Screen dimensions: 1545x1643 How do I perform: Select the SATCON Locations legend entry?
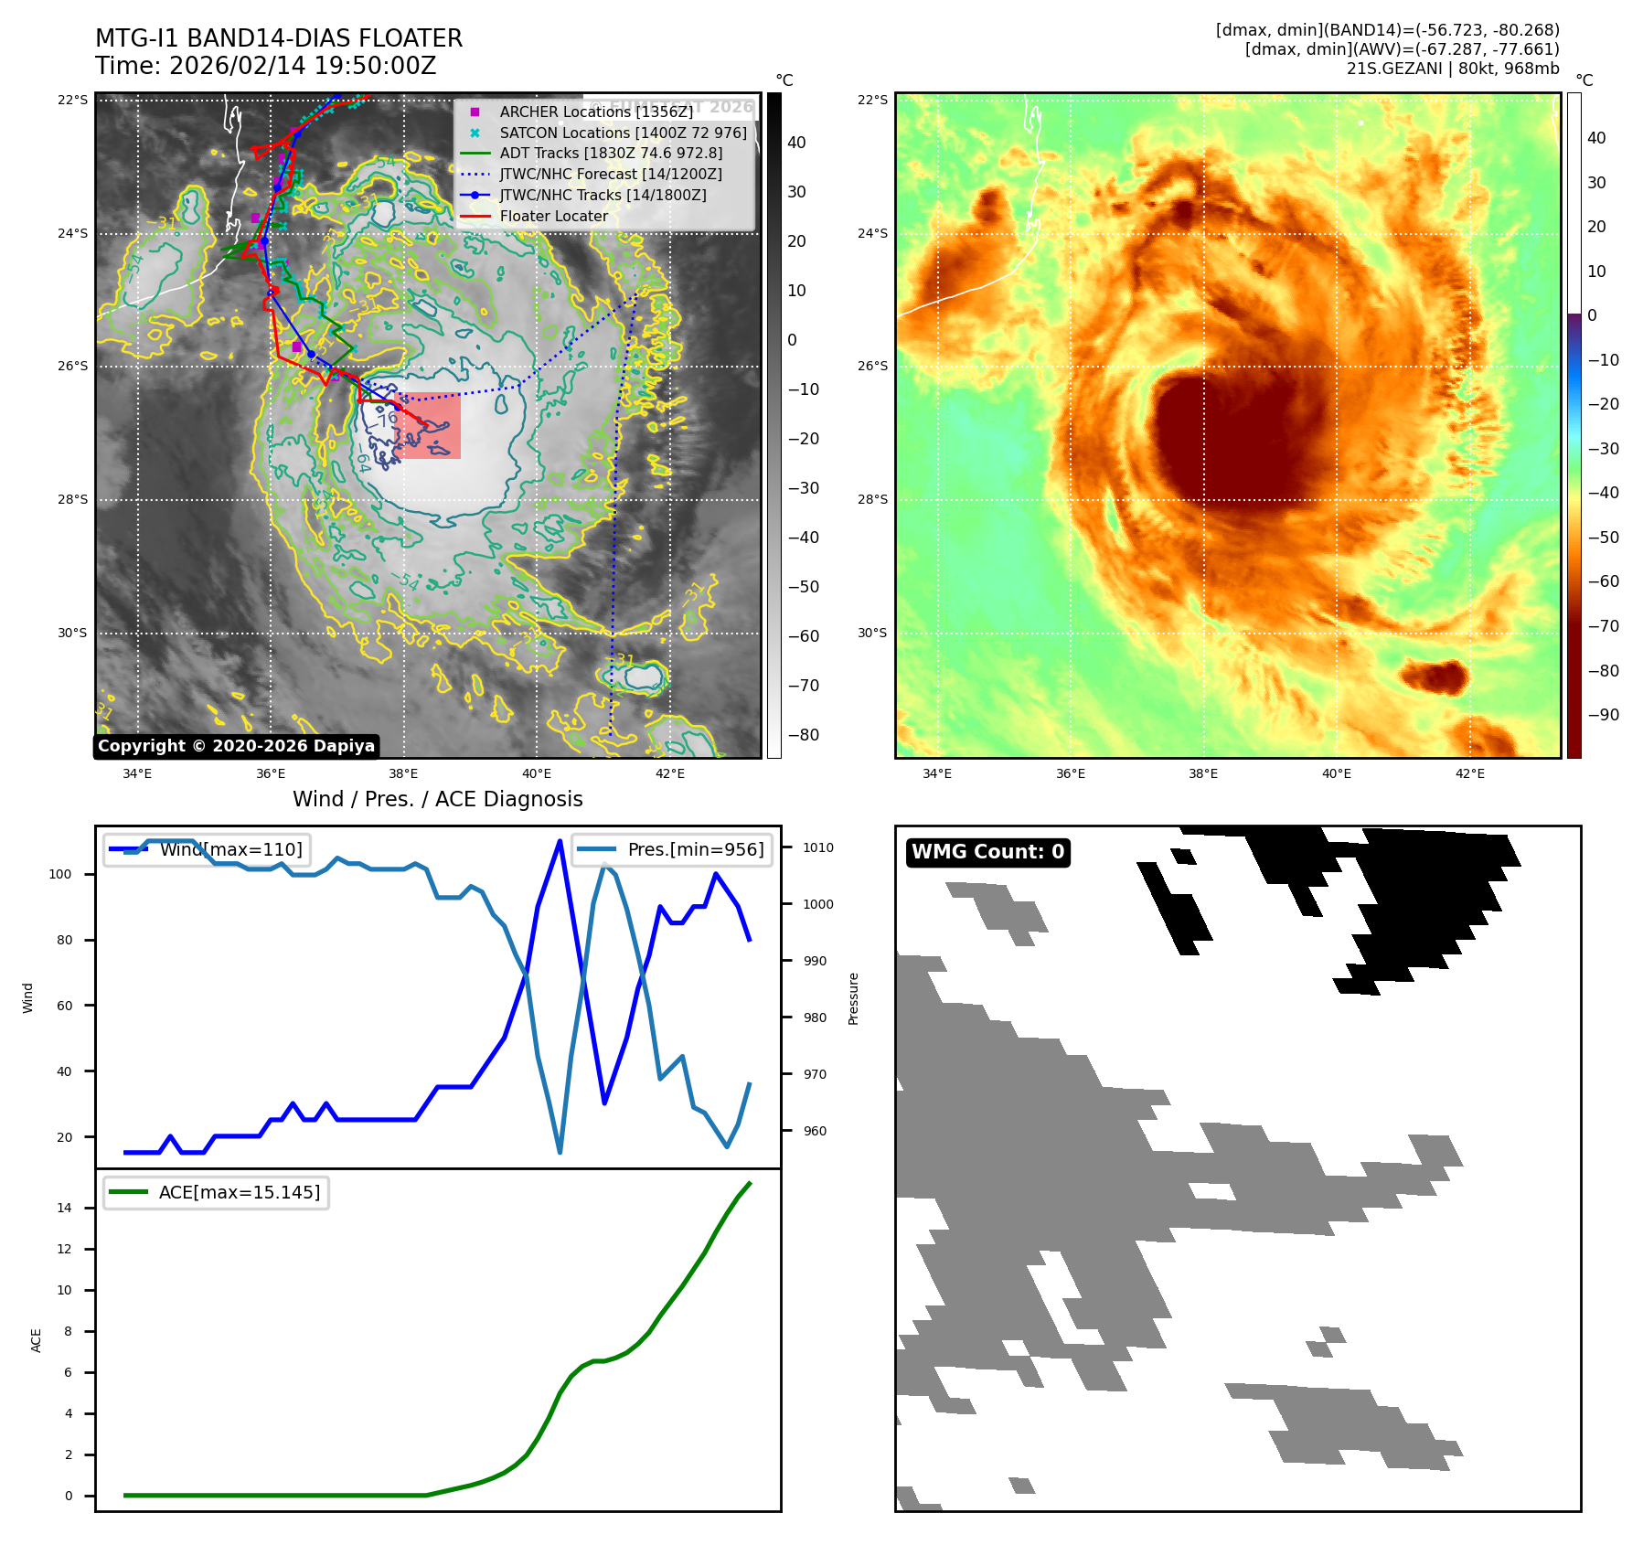click(623, 133)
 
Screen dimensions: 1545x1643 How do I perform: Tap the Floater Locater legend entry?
click(553, 216)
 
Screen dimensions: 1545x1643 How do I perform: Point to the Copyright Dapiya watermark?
click(236, 746)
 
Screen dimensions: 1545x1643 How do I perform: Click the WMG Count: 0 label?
click(987, 852)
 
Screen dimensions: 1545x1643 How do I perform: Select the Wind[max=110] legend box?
click(207, 849)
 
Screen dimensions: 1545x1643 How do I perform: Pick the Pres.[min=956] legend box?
click(672, 849)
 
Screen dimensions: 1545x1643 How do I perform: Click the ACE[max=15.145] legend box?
click(217, 1192)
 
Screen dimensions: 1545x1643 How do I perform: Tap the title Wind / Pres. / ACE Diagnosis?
click(437, 799)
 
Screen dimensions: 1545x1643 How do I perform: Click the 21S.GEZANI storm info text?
click(1452, 69)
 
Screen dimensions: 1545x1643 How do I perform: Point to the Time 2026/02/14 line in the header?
click(266, 66)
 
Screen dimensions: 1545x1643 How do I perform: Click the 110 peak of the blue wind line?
click(560, 841)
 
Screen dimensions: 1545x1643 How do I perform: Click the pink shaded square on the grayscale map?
click(428, 425)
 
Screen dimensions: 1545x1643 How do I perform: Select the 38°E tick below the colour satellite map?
click(1203, 773)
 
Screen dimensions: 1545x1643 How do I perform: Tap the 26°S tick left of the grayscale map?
click(73, 366)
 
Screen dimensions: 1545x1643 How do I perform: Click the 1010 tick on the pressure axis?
click(817, 847)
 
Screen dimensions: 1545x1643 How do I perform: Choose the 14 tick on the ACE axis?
click(64, 1208)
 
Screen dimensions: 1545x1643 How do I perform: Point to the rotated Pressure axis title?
click(854, 998)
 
